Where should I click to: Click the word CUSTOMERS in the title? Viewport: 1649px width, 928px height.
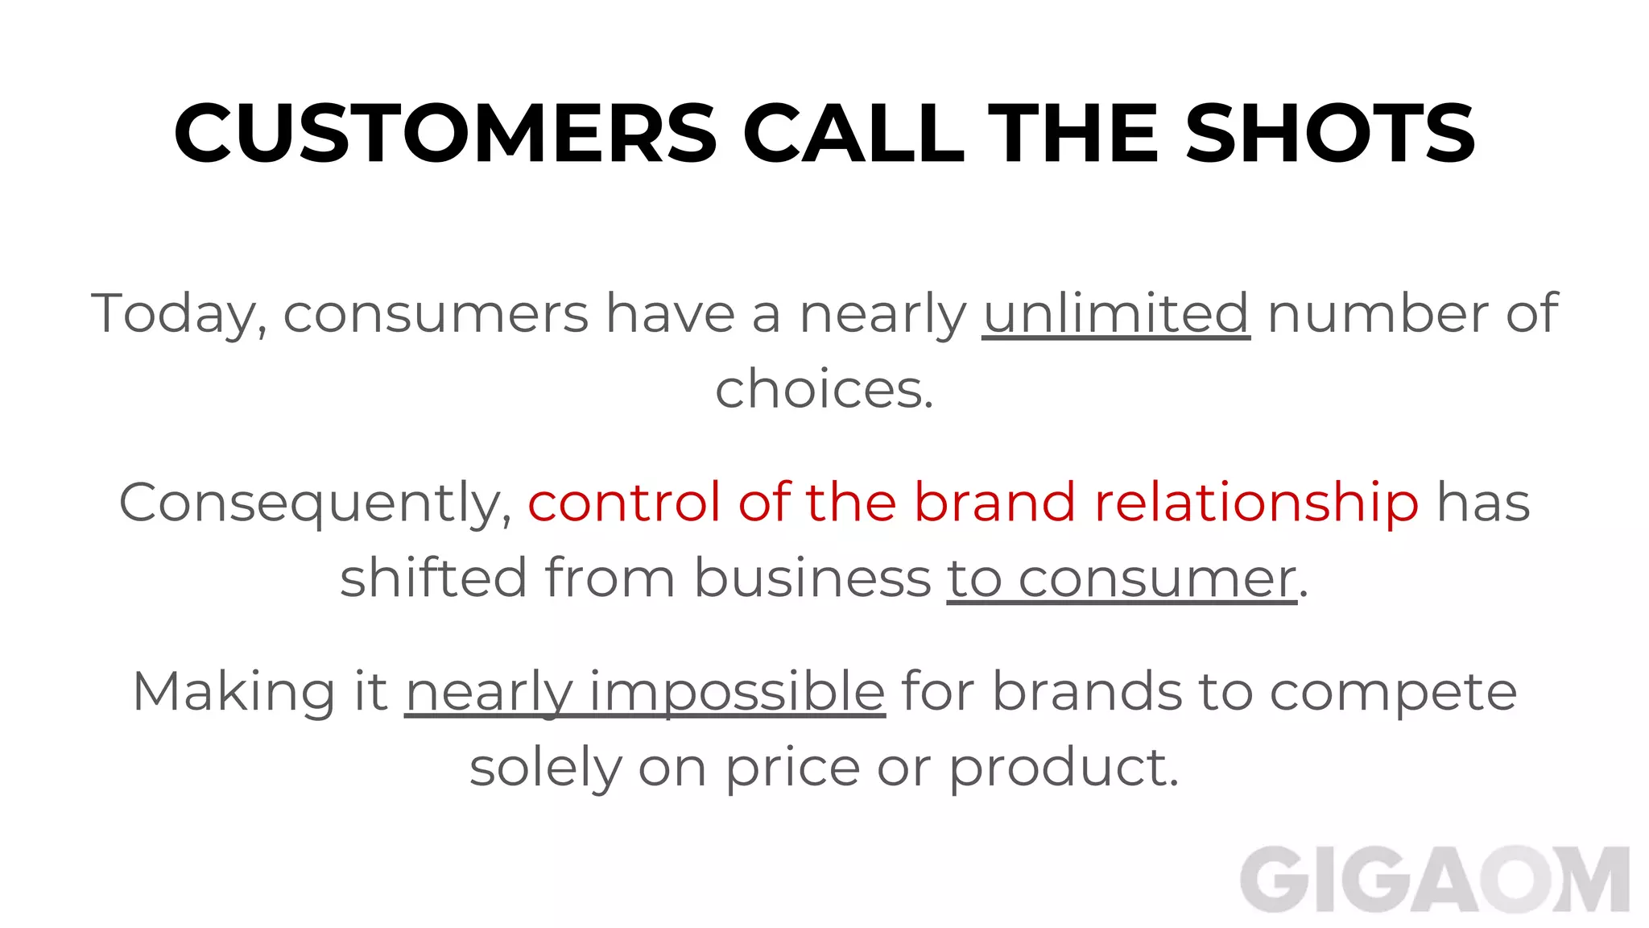(445, 133)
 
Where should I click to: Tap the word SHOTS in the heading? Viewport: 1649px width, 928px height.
(1330, 133)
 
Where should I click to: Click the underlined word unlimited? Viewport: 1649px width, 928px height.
(1116, 313)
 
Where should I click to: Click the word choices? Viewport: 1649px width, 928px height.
(823, 390)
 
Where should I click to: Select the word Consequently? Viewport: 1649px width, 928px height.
(315, 503)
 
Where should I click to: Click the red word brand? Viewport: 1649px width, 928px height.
(994, 503)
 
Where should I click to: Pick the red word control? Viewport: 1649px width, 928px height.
(624, 503)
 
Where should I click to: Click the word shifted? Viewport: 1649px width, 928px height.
(433, 578)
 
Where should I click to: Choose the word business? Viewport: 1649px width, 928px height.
(812, 578)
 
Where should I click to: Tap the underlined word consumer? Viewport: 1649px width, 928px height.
(1157, 578)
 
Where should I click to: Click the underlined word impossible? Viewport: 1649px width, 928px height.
(737, 692)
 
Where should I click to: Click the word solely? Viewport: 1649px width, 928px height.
(545, 768)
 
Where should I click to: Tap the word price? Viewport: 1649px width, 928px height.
(793, 768)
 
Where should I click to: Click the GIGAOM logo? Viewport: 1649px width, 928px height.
(1434, 880)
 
